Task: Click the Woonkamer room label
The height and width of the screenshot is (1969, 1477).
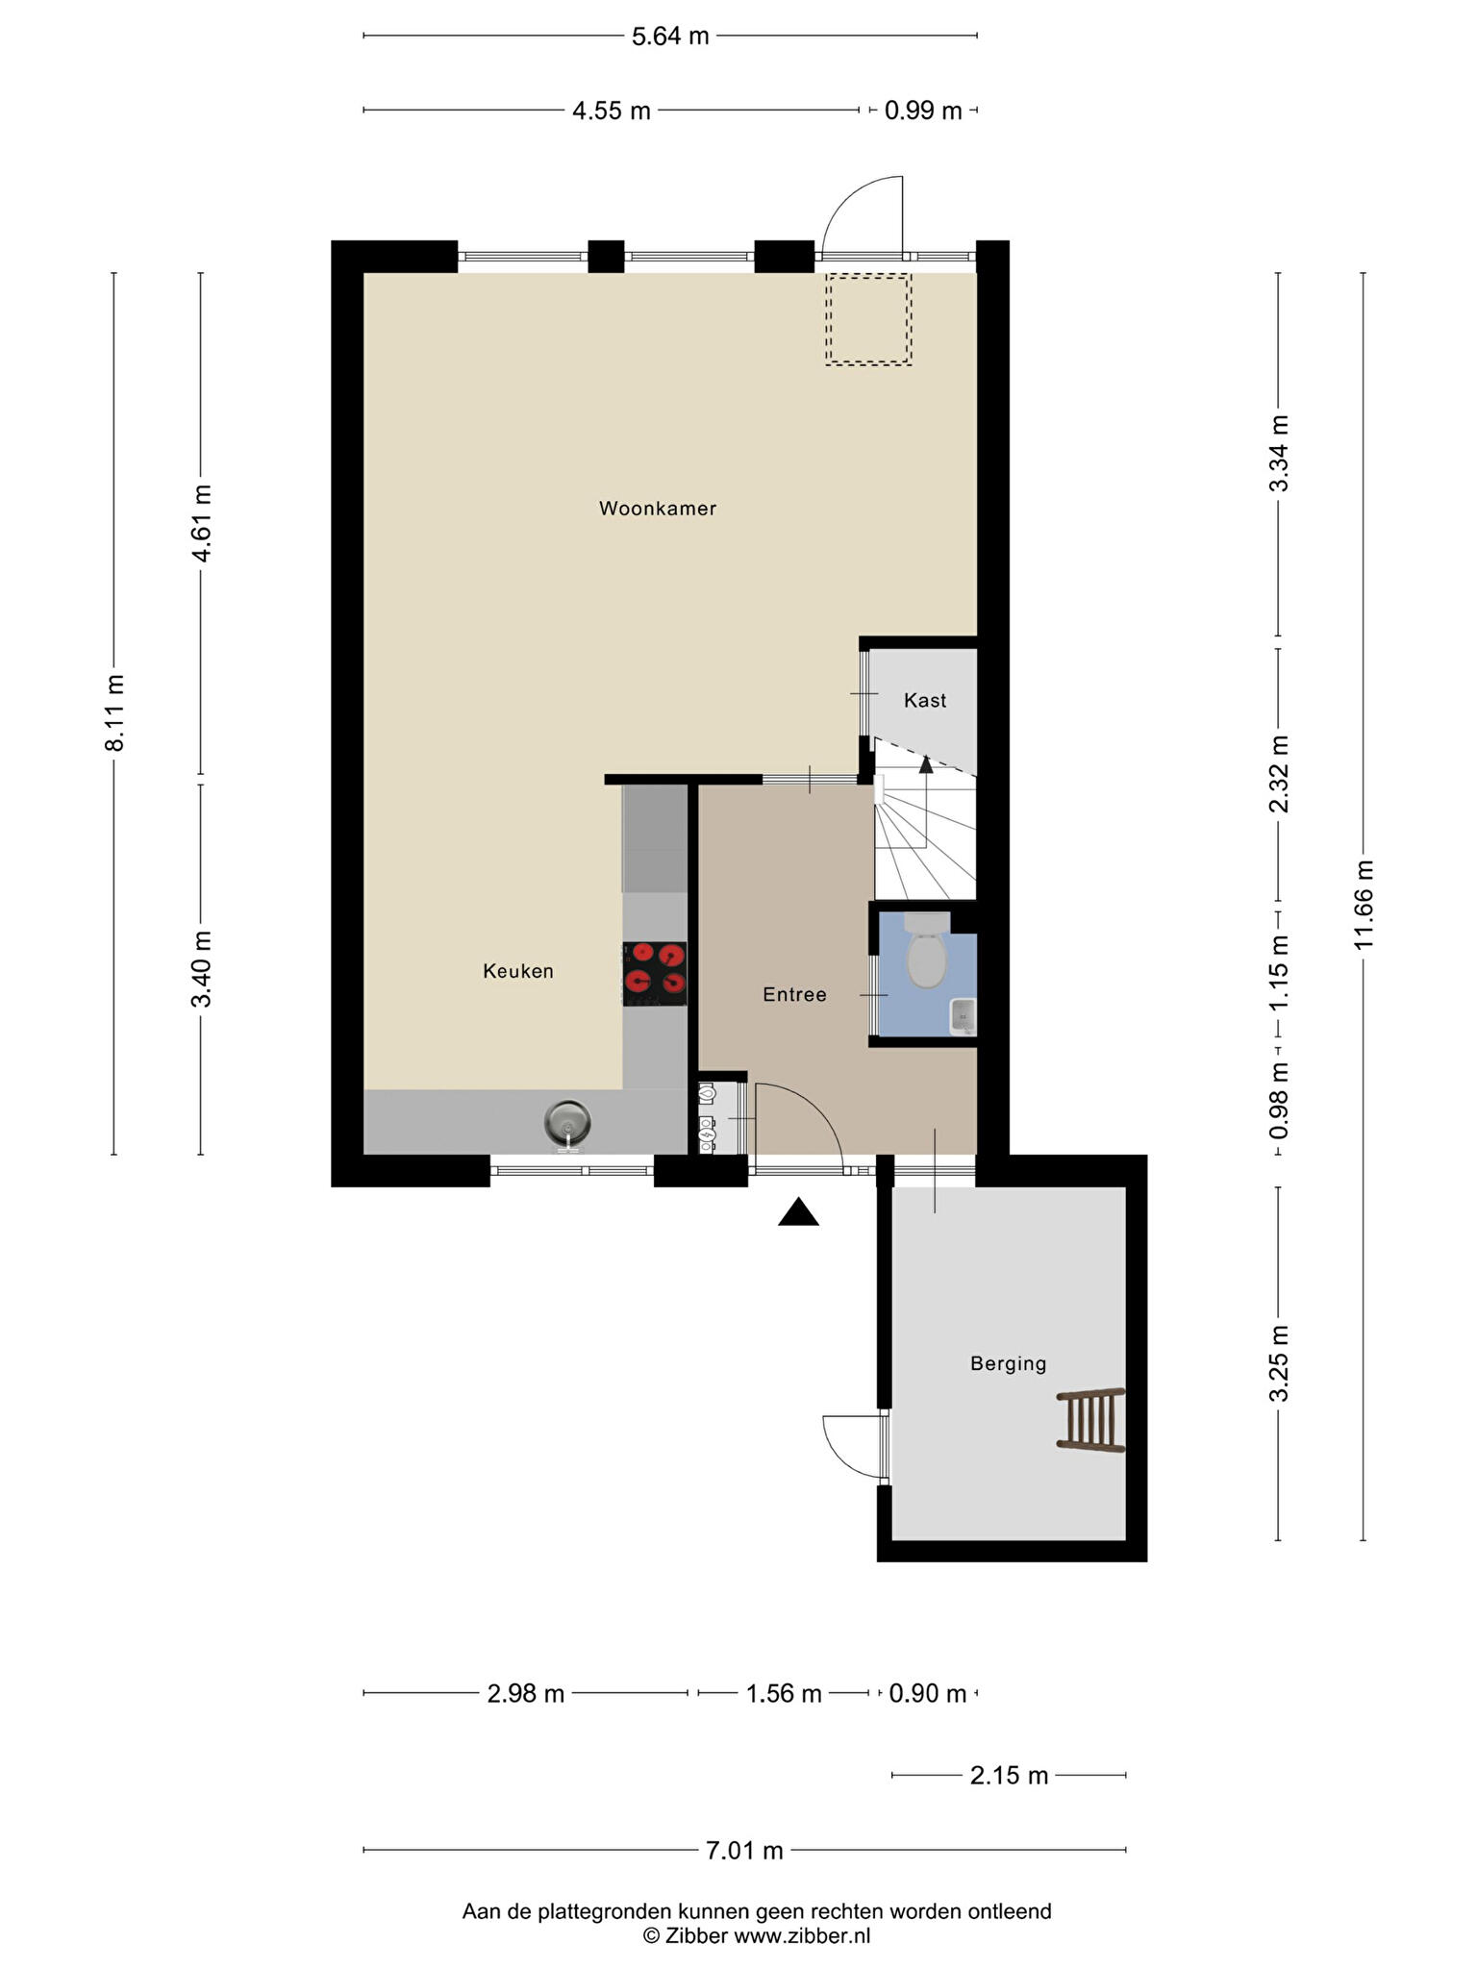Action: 658,509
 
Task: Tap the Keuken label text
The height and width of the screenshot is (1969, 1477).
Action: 518,972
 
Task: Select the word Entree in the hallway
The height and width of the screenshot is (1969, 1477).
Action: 794,995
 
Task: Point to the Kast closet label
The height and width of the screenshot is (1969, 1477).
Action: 925,701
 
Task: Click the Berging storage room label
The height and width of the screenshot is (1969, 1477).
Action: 1008,1363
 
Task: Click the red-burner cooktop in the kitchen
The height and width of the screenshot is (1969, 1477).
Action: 655,973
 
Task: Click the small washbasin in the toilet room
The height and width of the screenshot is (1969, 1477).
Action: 963,1016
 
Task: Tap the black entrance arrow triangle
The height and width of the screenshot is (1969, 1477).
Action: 798,1212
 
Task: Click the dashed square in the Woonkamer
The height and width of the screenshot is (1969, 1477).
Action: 868,319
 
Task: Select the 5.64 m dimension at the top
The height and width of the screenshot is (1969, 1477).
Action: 670,37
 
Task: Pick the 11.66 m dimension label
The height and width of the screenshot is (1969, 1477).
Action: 1364,905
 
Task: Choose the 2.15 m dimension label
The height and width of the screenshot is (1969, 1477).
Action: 1009,1775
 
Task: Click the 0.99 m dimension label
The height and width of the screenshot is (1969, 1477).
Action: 923,111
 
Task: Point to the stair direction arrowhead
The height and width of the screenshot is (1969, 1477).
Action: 926,764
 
